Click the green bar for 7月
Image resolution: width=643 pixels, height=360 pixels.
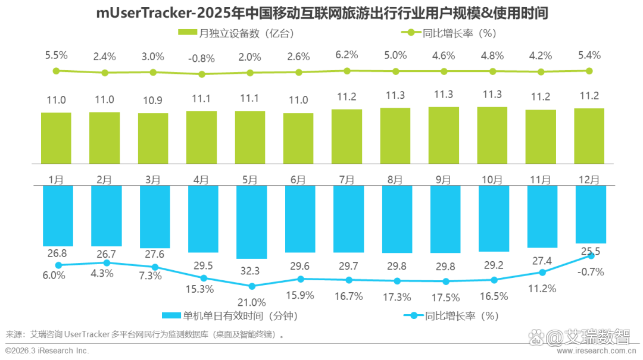347,136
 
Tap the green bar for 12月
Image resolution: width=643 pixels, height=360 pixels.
589,136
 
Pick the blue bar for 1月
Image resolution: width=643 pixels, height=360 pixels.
58,215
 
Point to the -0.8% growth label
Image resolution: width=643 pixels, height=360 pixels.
201,58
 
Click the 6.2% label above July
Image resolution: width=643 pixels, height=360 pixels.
347,55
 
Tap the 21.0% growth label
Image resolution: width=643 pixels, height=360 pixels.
252,302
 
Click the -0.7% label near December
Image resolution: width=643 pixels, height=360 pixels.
591,271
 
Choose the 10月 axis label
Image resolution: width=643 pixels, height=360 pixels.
492,179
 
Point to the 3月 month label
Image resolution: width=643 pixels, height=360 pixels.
152,179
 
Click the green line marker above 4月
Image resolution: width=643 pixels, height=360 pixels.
202,74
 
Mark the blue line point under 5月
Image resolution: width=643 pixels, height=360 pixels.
252,286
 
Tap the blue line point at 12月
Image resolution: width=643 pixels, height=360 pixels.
591,255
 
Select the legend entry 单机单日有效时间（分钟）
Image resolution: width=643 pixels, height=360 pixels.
229,315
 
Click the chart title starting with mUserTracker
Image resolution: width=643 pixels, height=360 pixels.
321,12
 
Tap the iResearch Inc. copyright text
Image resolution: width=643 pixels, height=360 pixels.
48,351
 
